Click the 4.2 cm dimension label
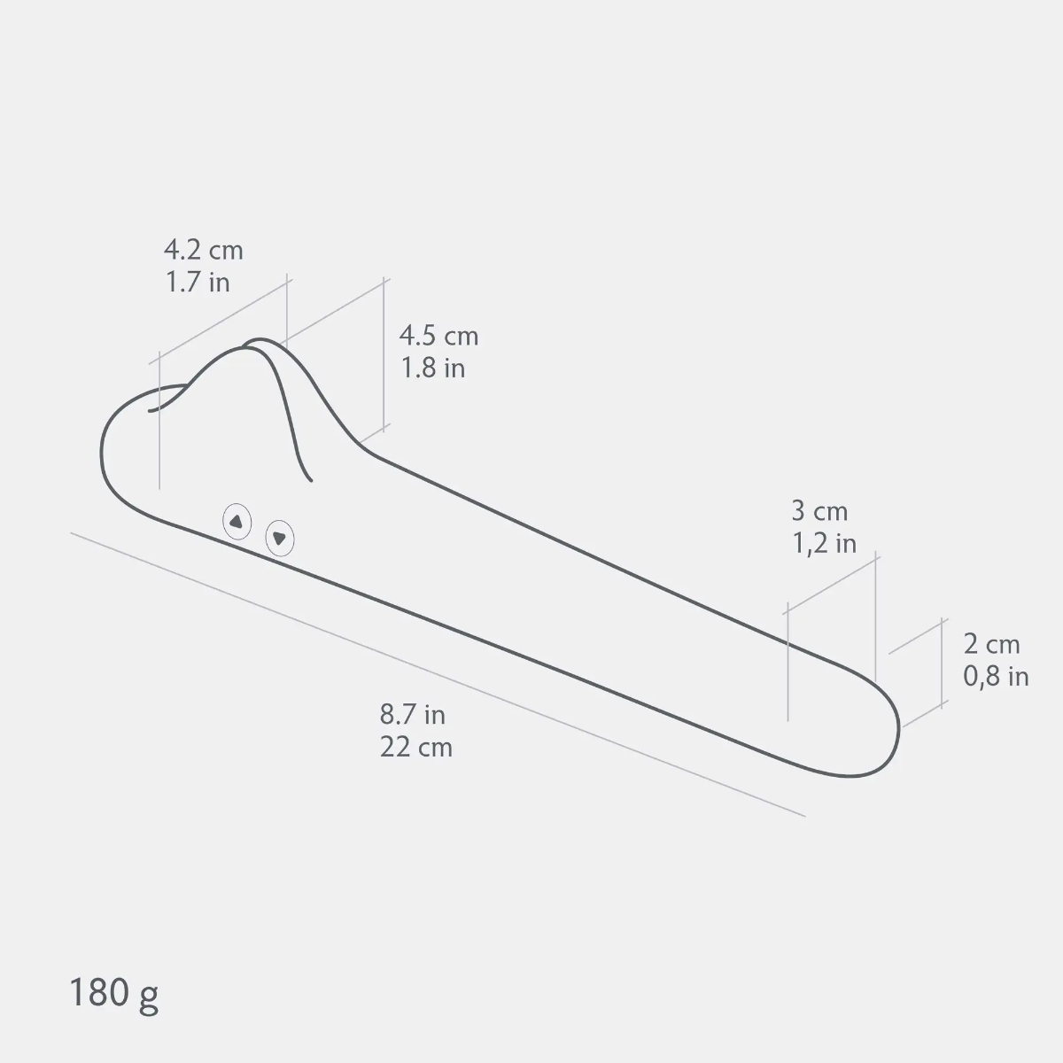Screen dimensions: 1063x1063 click(203, 251)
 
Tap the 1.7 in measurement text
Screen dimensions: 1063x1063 click(198, 283)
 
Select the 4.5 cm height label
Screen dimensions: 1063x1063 click(438, 336)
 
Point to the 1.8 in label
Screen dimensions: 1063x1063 click(433, 368)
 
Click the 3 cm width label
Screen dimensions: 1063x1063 click(819, 511)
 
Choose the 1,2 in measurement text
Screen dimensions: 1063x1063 click(824, 543)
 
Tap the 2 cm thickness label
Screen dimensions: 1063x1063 click(991, 644)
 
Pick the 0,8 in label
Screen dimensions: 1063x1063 click(996, 676)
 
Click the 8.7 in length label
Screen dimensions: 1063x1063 click(412, 715)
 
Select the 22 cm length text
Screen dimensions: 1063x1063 click(416, 748)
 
